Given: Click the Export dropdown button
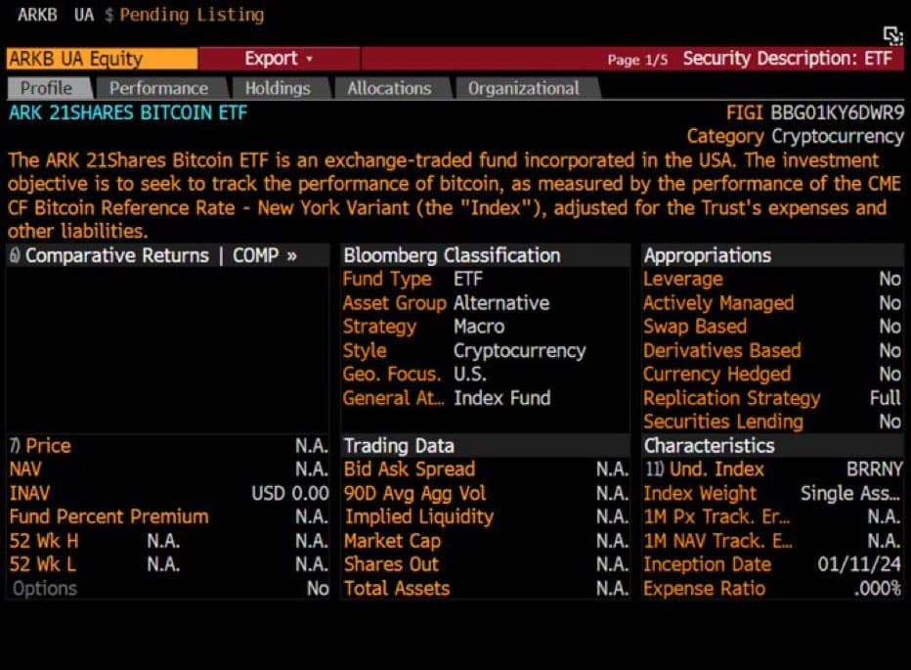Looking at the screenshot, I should click(x=279, y=59).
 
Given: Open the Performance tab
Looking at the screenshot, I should click(x=158, y=88).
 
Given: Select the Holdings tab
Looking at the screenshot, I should click(x=278, y=88).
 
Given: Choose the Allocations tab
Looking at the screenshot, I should click(x=389, y=88).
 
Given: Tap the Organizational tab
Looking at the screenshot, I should click(x=523, y=88).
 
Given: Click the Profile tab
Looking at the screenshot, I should click(x=47, y=88).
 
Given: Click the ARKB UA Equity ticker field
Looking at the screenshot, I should click(x=75, y=59).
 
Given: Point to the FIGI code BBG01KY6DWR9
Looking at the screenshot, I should click(x=837, y=112).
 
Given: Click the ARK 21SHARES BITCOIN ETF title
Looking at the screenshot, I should click(x=128, y=112).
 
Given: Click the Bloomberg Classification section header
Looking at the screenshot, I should click(x=452, y=255).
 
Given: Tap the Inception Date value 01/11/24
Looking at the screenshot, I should click(x=859, y=564).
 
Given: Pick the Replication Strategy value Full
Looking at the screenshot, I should click(x=885, y=398).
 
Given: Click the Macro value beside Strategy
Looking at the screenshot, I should click(x=479, y=327).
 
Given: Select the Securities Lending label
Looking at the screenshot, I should click(x=722, y=422).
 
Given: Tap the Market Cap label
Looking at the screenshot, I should click(x=392, y=541).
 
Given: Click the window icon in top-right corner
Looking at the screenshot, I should click(x=891, y=35).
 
